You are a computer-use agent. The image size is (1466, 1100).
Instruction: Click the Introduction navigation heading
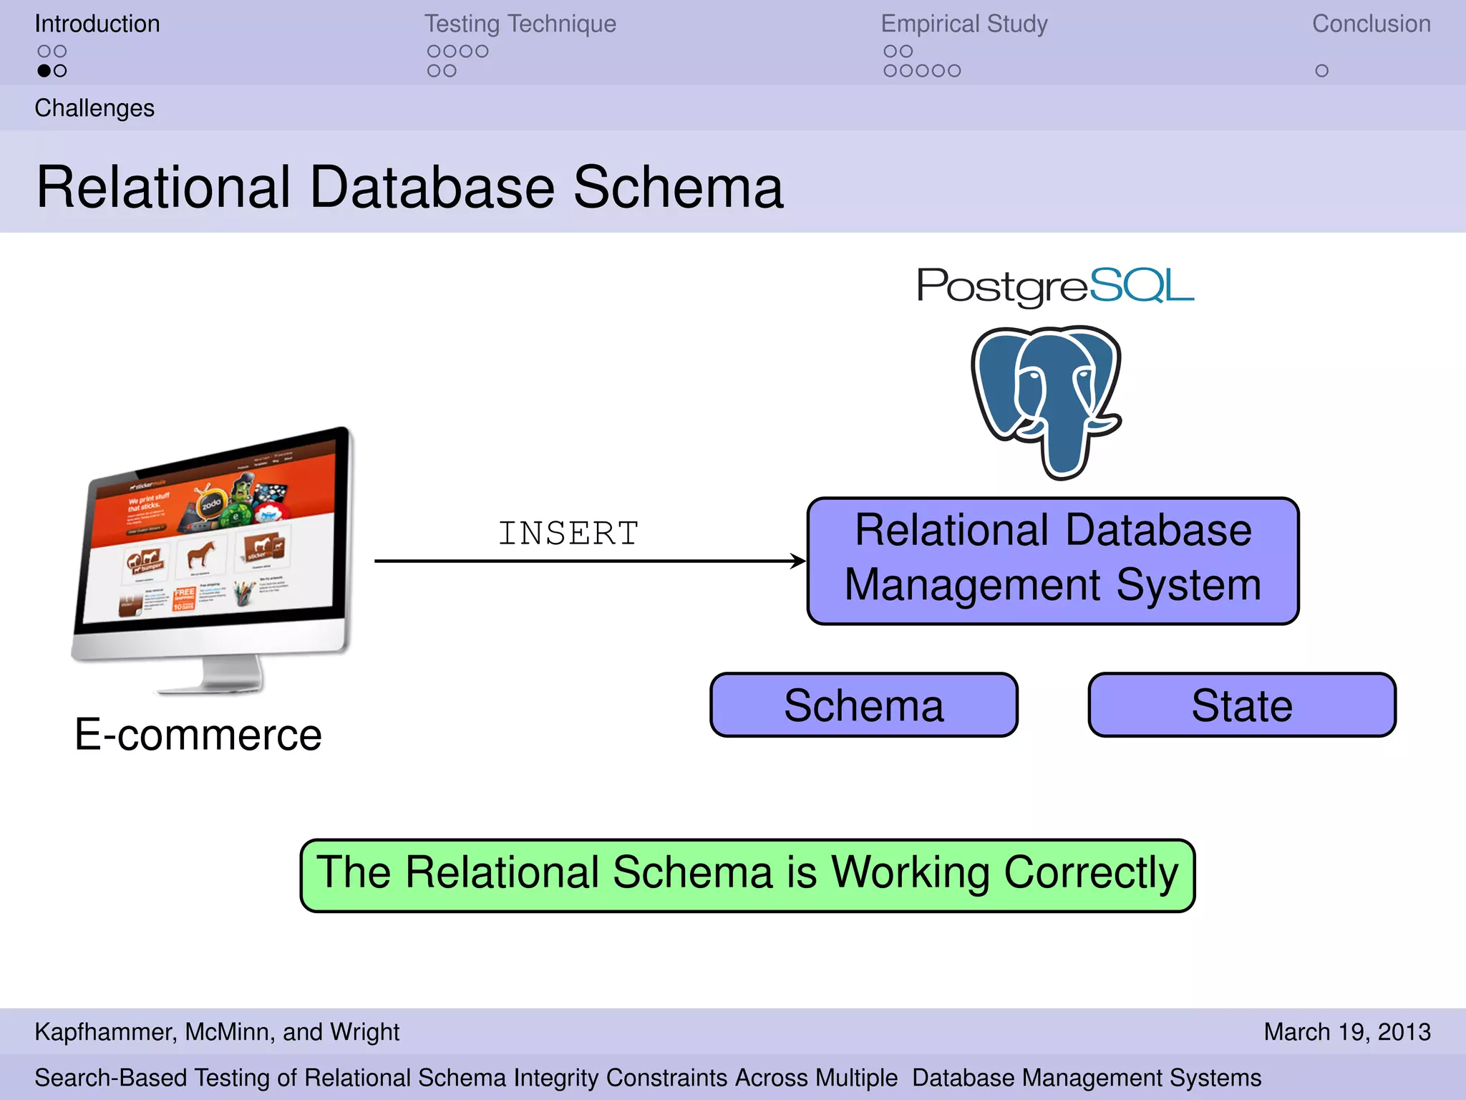97,24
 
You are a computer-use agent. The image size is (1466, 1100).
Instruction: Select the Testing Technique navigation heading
520,24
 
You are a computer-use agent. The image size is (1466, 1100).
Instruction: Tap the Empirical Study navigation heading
963,24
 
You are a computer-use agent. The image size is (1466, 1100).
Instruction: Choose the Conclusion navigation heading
1371,24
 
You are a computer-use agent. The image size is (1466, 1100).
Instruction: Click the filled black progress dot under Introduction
44,71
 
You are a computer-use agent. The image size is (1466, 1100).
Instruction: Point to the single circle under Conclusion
1321,71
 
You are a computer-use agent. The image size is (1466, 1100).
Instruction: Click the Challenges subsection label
94,108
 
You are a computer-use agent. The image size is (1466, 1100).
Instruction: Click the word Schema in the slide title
678,188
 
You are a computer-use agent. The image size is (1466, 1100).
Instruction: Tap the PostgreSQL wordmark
1055,286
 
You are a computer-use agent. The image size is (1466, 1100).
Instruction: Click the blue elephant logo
1047,401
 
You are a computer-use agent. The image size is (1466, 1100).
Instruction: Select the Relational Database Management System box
1052,561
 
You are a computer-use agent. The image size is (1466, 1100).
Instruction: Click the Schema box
863,705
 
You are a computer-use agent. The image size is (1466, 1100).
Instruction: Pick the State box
1242,705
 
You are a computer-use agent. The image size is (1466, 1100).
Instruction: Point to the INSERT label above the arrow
568,534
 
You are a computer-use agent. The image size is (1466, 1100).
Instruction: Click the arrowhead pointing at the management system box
797,561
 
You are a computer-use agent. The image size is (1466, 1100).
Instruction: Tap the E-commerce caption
198,735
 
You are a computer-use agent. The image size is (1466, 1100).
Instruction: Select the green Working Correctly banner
747,874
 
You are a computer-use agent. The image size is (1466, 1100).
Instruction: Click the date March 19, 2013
1346,1032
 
